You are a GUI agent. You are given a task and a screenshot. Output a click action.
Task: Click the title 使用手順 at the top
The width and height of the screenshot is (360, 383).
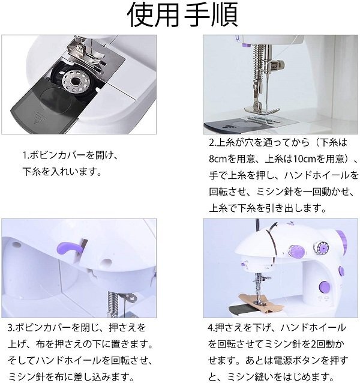point(182,14)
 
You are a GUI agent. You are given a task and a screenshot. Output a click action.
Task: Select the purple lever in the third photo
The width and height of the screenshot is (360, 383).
point(70,248)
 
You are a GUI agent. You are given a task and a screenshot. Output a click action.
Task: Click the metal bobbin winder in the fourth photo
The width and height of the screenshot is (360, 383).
point(321,247)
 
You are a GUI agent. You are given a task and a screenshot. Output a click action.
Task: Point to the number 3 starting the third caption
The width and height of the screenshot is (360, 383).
point(10,328)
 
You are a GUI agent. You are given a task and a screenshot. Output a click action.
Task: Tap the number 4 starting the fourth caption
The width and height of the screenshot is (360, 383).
point(211,328)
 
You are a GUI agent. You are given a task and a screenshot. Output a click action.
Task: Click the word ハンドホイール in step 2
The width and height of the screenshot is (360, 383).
point(317,175)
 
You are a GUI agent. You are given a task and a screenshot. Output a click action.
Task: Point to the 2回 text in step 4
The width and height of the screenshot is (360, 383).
point(316,344)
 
